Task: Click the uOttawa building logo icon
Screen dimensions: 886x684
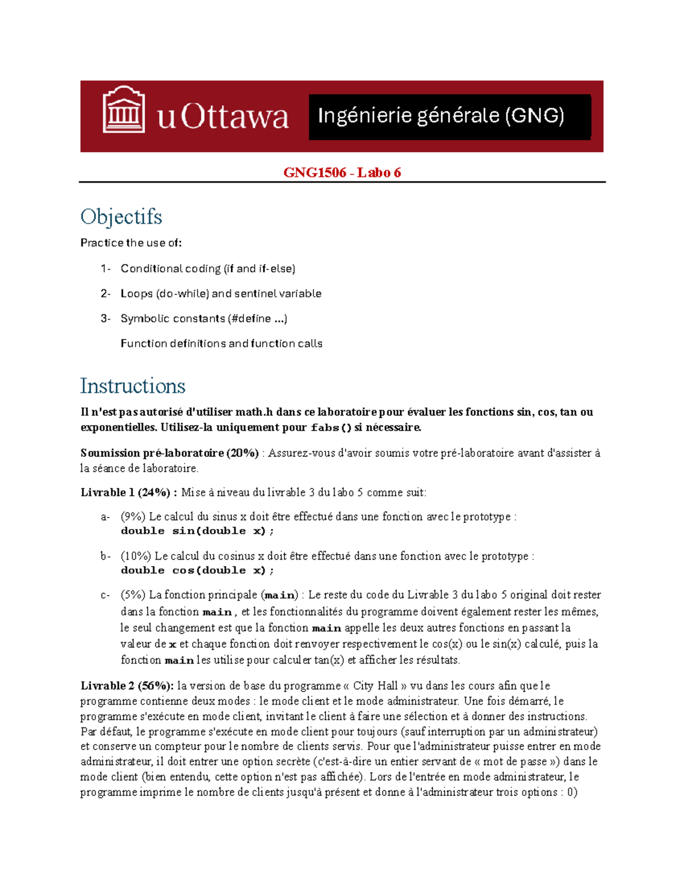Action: point(123,110)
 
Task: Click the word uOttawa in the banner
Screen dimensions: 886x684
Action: point(223,117)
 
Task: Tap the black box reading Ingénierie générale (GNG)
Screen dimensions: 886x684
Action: point(449,116)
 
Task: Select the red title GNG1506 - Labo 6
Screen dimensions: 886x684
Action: point(342,172)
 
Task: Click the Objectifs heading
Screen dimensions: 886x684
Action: point(121,217)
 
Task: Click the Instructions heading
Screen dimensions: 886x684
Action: point(132,386)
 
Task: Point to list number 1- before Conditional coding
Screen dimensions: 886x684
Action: point(105,269)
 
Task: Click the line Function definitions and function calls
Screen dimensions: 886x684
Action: point(221,343)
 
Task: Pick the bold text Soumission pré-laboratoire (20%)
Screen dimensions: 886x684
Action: point(170,453)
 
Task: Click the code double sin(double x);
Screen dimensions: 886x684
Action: point(197,531)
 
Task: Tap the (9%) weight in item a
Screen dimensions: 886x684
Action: point(133,517)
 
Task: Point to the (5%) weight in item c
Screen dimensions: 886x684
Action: point(133,595)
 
